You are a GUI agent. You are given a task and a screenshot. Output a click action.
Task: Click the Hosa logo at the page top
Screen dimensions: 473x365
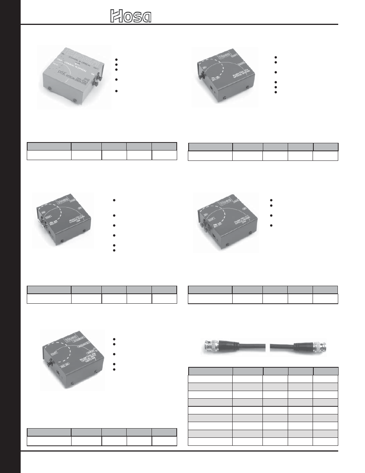[x=131, y=16]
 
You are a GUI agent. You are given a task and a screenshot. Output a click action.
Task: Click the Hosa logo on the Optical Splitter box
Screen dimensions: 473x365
[x=224, y=56]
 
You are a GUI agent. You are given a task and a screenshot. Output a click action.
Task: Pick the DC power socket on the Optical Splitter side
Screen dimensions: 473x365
[x=213, y=87]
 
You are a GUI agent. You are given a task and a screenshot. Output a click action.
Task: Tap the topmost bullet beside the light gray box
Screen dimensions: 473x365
[x=116, y=60]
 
